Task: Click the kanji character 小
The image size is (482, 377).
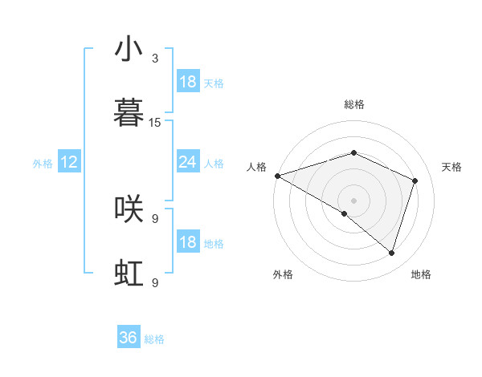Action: click(129, 50)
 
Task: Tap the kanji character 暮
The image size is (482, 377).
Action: click(129, 113)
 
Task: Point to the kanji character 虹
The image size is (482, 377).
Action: click(129, 274)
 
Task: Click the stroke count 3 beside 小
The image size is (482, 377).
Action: click(155, 59)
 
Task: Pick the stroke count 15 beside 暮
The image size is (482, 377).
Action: click(155, 123)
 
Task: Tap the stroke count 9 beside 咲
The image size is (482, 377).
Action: click(155, 218)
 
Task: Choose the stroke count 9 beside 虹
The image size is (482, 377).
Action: click(155, 282)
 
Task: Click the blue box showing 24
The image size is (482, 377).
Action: click(187, 162)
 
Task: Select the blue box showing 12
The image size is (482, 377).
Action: click(68, 162)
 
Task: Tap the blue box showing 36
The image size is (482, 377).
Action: click(129, 338)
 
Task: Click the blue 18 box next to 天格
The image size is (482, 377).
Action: click(187, 82)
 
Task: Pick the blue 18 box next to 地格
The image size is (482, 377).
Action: click(187, 242)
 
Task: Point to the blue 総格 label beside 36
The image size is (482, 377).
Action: click(154, 339)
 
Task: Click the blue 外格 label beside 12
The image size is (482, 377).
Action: click(43, 164)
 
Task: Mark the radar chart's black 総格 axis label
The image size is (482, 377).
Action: click(353, 104)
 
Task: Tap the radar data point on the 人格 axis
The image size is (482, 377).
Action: click(277, 176)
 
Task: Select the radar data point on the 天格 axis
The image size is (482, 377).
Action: click(415, 180)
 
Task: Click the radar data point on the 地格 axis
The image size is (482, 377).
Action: click(391, 253)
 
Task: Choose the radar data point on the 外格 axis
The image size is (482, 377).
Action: click(345, 213)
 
